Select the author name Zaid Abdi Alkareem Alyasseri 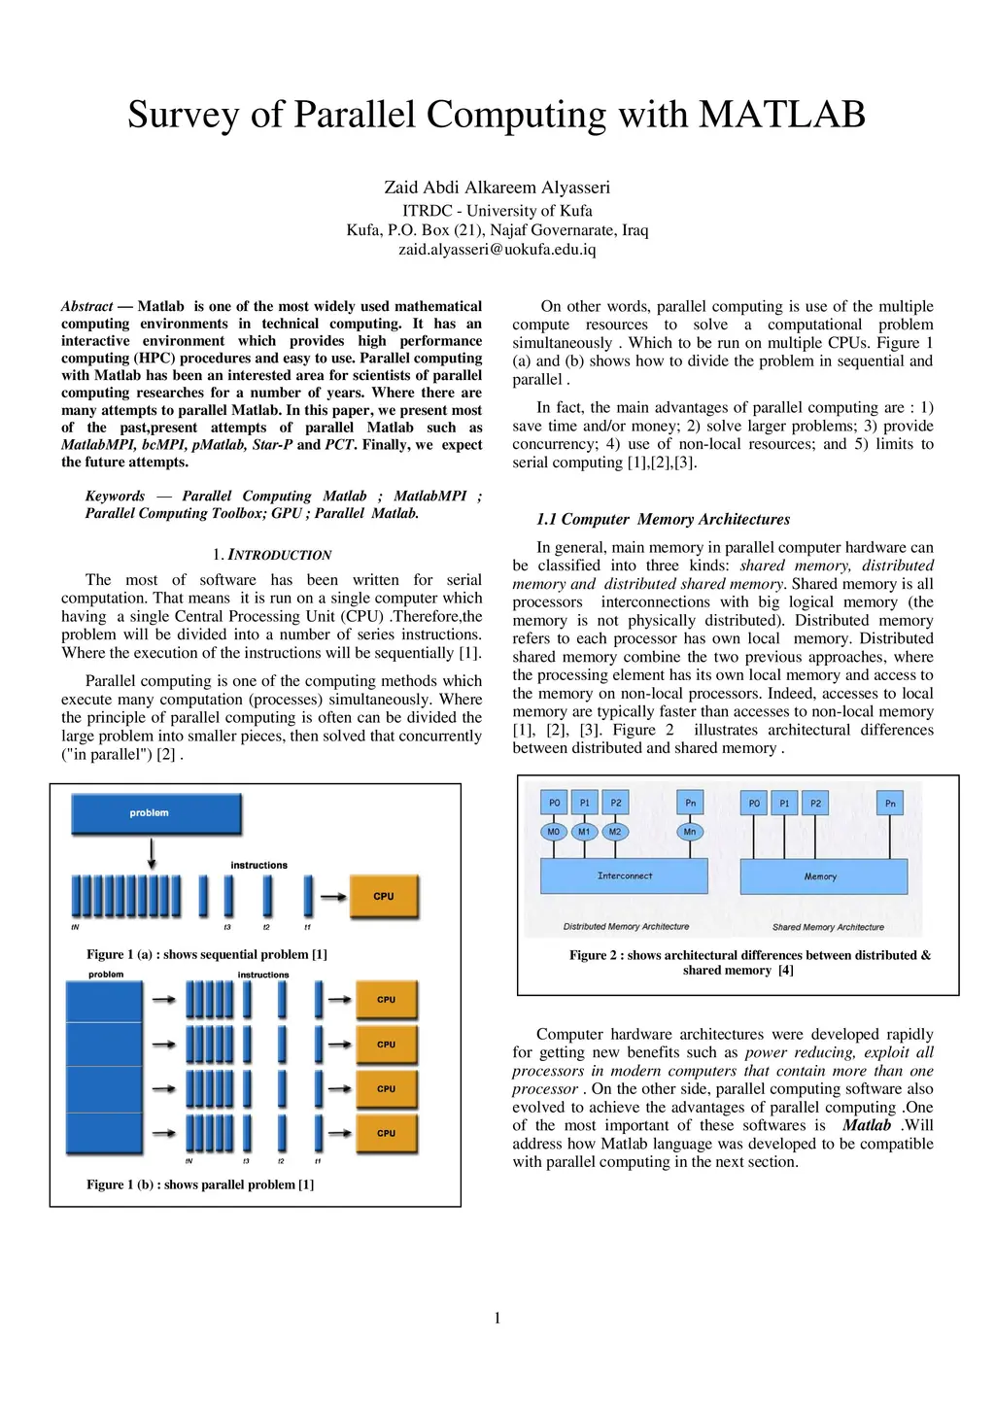point(497,188)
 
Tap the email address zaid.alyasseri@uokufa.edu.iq point(497,250)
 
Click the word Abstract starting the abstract point(86,306)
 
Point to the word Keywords point(115,496)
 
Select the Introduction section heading point(272,555)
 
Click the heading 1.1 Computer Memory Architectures point(663,519)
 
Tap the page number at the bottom point(497,1318)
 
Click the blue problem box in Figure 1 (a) point(155,814)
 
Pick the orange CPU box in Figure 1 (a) point(384,897)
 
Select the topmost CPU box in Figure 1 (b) point(386,1000)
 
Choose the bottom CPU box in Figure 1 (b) point(386,1133)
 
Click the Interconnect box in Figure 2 point(624,876)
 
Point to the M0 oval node point(553,832)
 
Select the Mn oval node point(690,832)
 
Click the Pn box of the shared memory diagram point(890,804)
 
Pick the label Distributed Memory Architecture point(626,927)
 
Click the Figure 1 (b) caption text point(200,1184)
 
